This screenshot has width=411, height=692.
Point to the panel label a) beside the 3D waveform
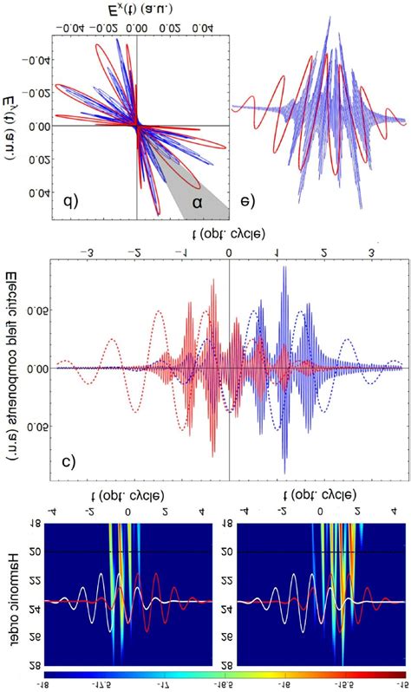(x=246, y=204)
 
